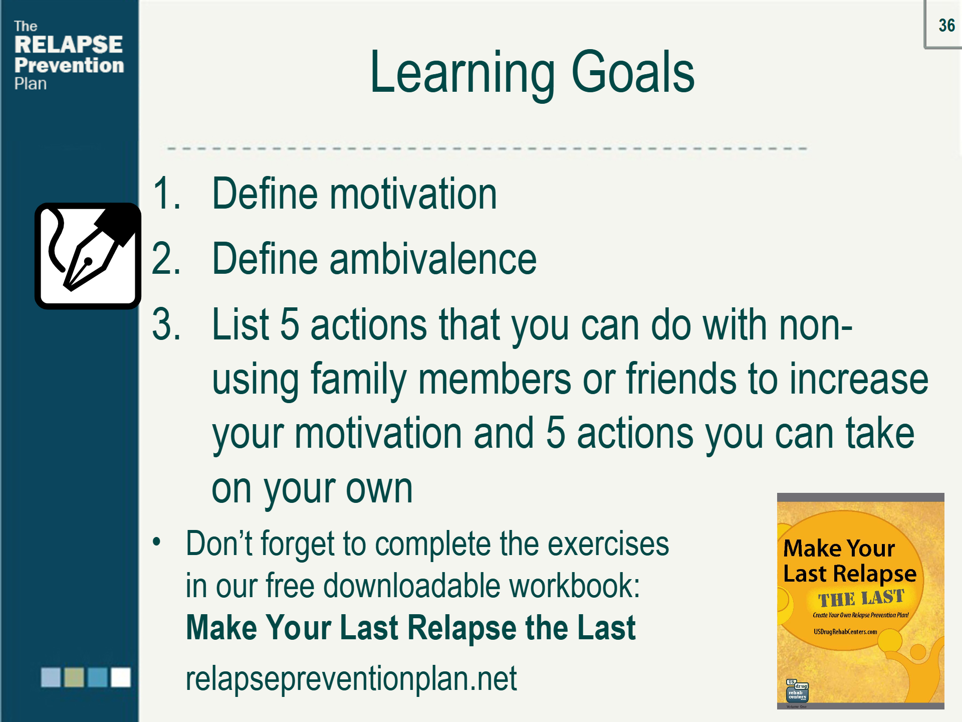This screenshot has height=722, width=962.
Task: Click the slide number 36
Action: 946,25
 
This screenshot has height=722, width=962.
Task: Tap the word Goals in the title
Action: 633,72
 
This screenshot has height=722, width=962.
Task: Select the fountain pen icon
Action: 88,256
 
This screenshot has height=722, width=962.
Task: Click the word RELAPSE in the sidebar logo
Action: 69,45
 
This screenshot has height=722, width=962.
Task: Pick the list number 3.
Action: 166,324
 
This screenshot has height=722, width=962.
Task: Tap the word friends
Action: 681,378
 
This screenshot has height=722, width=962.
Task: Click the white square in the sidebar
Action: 120,677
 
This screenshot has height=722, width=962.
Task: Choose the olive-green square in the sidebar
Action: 74,677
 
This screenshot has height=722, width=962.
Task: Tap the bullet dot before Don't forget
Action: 157,542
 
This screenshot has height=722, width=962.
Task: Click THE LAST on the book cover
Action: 861,598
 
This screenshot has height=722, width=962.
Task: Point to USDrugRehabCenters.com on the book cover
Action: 845,632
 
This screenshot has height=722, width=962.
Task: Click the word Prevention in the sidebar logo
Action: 69,65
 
